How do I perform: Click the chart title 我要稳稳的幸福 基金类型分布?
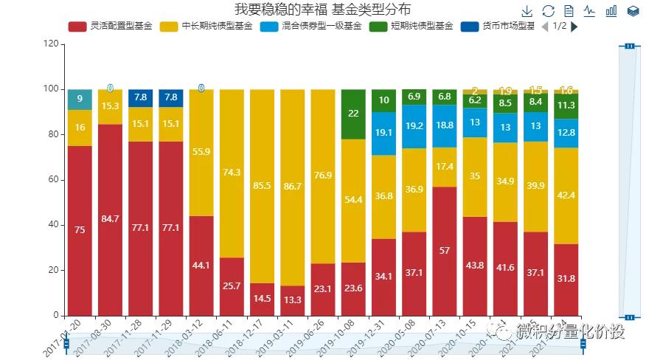tap(322, 10)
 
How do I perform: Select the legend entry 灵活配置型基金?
tap(111, 27)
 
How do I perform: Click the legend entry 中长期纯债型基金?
tap(207, 27)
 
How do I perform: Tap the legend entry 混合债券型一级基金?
tap(310, 27)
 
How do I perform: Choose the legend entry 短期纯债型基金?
tap(409, 27)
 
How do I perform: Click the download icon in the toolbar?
tap(527, 11)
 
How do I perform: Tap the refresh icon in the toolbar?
tap(548, 11)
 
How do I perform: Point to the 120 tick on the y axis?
tap(51, 44)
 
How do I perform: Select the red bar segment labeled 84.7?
tap(111, 219)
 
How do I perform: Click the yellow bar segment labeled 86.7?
tap(293, 187)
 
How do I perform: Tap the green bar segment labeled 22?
tap(353, 114)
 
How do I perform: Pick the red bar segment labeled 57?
tap(445, 251)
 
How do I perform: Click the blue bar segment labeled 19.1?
tap(383, 134)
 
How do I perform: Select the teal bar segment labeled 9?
tap(80, 99)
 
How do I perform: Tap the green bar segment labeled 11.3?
tap(566, 105)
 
